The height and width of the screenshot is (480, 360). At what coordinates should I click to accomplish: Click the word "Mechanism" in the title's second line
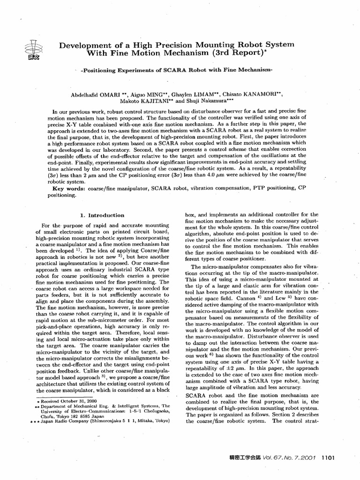[x=181, y=53]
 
